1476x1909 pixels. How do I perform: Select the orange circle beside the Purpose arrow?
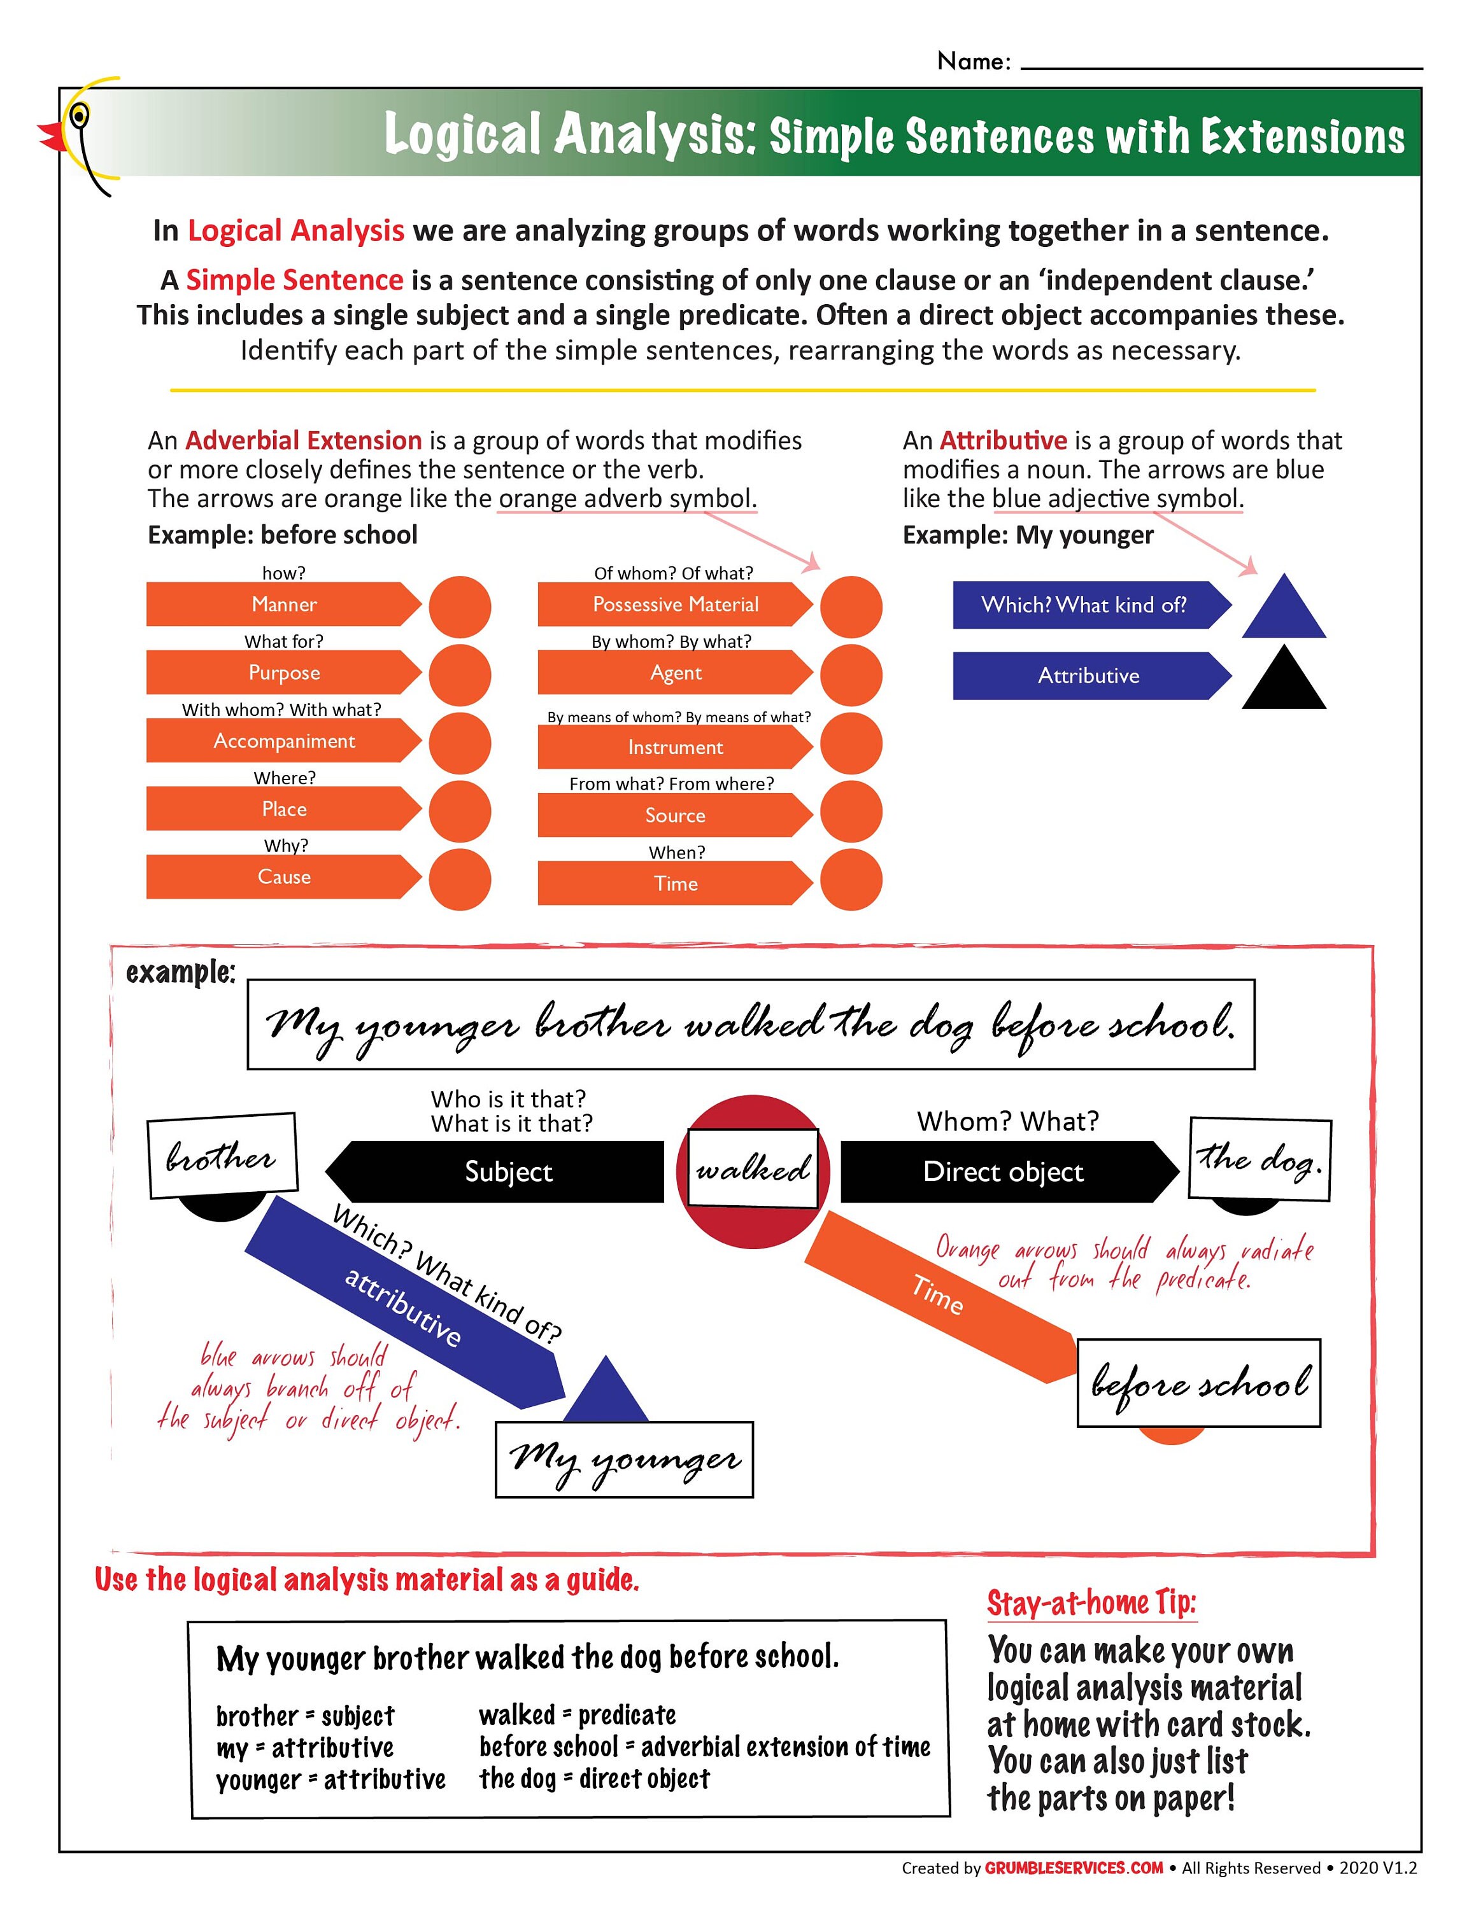tap(460, 675)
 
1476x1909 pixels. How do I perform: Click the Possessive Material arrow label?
tap(675, 604)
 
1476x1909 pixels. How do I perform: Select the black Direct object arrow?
tap(1005, 1171)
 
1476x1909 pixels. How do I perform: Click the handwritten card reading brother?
tap(222, 1156)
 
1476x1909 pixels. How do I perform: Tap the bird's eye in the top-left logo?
tap(80, 115)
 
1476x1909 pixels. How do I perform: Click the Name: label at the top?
tap(973, 61)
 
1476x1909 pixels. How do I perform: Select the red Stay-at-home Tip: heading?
tap(1090, 1603)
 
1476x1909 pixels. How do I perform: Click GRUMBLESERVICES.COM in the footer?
tap(1073, 1868)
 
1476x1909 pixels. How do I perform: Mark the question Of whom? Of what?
tap(672, 573)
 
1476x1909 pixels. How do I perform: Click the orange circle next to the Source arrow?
tap(851, 812)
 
